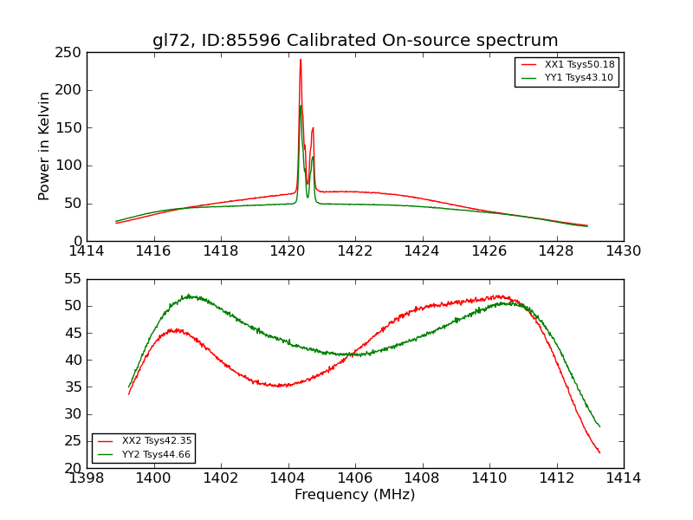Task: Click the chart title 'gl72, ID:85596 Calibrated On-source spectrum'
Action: point(355,41)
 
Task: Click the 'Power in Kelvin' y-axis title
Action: point(45,146)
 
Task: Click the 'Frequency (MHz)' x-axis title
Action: point(355,495)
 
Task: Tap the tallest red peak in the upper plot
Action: point(301,60)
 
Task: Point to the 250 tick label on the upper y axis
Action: point(70,53)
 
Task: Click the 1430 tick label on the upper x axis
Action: point(624,251)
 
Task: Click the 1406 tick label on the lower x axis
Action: point(355,478)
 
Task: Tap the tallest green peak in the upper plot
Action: point(301,106)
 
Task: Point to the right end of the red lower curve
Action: point(599,452)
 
